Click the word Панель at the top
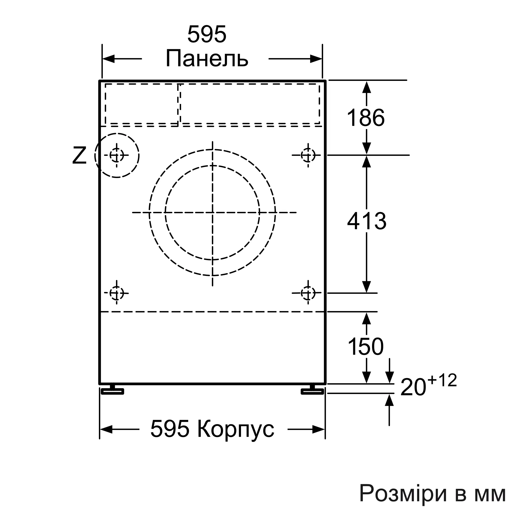pos(207,59)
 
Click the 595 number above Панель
pos(207,34)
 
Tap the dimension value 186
pos(366,118)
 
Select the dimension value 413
pos(367,221)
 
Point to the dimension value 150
pos(366,346)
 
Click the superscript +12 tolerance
pos(442,380)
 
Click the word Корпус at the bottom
pos(236,429)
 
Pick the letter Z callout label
pos(79,156)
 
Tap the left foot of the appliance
pos(113,390)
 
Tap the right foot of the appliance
pos(313,390)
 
